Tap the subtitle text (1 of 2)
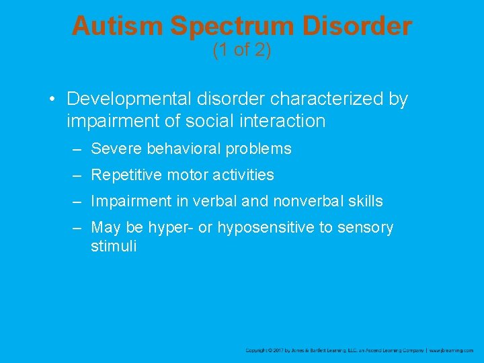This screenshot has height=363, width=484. tap(241, 50)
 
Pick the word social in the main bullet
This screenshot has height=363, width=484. tap(237, 121)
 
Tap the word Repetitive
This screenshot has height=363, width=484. tap(124, 175)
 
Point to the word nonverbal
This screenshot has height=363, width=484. tap(315, 201)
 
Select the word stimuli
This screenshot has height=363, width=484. tap(113, 247)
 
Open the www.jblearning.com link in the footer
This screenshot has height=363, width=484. tap(452, 350)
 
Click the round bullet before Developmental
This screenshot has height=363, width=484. tap(52, 100)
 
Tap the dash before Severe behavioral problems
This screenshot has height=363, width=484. tap(78, 149)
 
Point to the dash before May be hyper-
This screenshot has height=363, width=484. tap(78, 228)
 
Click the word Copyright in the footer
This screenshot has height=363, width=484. tap(255, 350)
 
